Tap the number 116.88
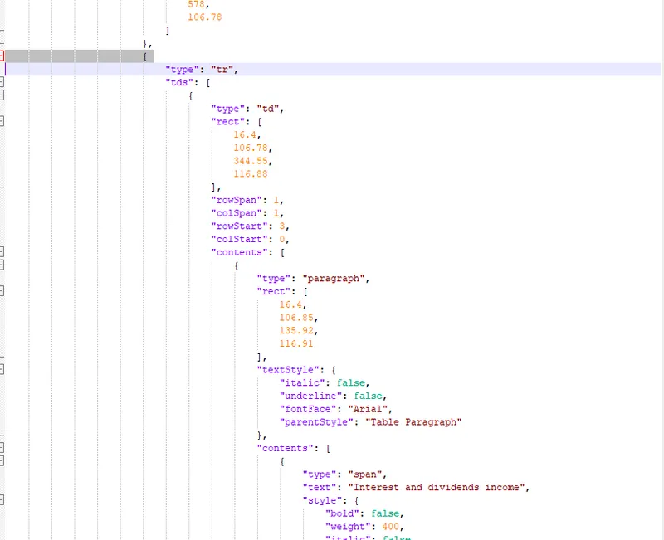[251, 173]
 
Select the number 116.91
[296, 343]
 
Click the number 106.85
[299, 317]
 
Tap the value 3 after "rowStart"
[285, 226]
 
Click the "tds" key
[181, 83]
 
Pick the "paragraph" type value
[334, 279]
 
